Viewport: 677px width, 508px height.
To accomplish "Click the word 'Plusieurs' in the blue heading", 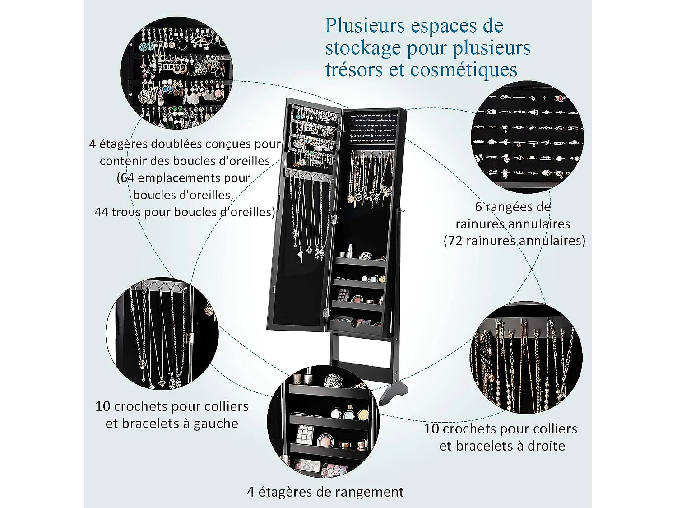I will [359, 26].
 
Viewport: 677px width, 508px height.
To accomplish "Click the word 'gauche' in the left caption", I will [215, 424].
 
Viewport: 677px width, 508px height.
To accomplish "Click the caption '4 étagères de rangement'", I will [325, 492].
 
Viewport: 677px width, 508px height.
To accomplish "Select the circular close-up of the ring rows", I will [527, 137].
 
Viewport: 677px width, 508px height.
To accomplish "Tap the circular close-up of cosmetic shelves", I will [323, 422].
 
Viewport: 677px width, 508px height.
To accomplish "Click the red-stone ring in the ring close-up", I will [560, 98].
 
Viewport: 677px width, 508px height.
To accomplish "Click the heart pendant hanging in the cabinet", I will [356, 198].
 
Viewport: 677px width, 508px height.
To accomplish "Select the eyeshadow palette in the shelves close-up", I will [305, 435].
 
